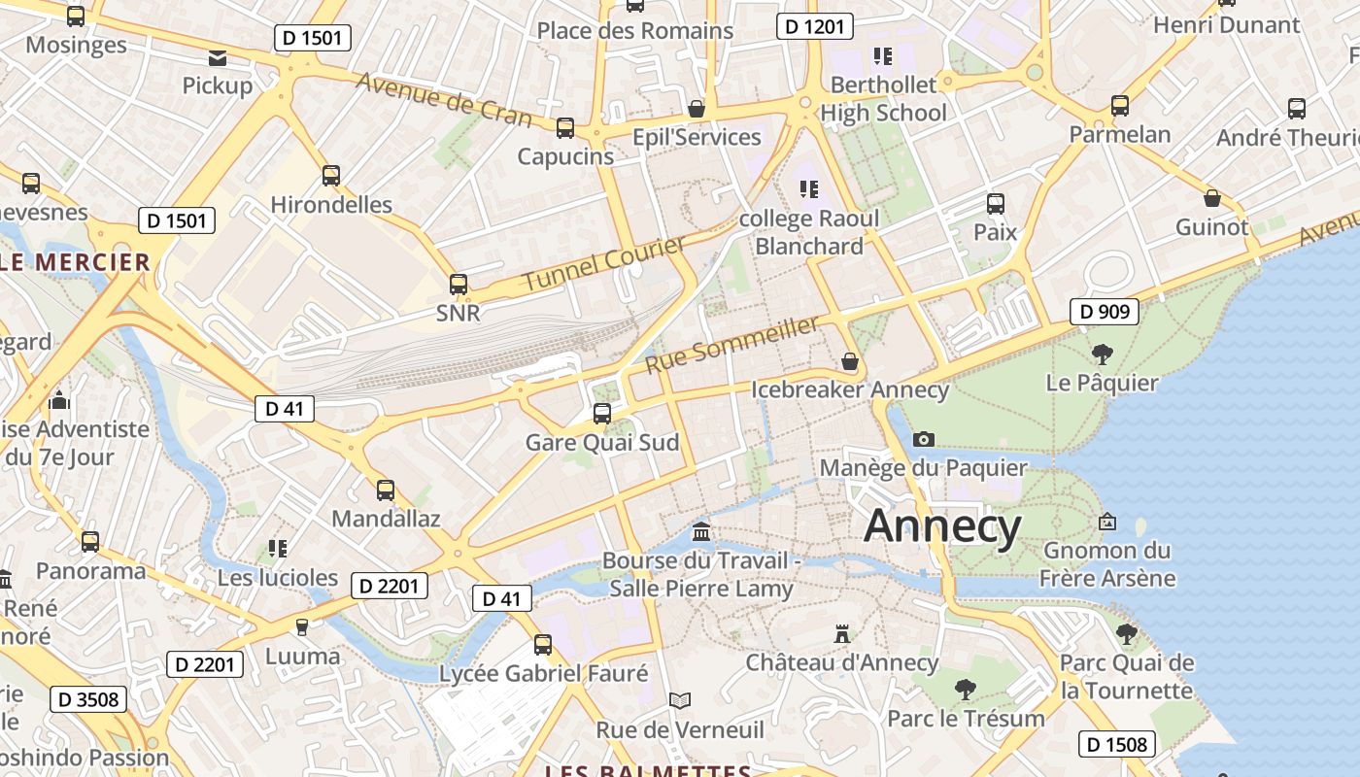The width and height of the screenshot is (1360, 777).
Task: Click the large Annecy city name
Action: (942, 525)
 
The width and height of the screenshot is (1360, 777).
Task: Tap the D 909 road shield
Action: (1105, 312)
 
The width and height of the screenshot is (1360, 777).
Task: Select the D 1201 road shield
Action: (815, 26)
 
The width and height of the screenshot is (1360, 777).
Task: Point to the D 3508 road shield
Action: (88, 699)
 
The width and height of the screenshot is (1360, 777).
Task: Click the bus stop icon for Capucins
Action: (565, 128)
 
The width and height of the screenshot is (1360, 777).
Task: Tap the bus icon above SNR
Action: (459, 285)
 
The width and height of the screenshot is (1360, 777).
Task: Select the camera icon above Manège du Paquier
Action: (924, 440)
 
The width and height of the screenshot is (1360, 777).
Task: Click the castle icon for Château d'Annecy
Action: (842, 634)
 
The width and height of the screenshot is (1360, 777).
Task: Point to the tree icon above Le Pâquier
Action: (1102, 354)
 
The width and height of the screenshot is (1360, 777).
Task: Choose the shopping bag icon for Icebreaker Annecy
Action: (850, 361)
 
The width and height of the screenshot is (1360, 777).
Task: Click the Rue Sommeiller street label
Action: (732, 345)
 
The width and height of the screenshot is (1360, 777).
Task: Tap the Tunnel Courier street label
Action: (604, 263)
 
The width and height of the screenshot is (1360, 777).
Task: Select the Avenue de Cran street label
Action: (444, 99)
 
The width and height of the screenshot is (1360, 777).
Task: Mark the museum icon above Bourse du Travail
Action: (701, 532)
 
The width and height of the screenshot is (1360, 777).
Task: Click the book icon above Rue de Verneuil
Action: (680, 700)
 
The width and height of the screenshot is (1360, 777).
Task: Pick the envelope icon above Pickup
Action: (218, 58)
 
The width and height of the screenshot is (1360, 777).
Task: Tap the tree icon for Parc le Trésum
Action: (966, 690)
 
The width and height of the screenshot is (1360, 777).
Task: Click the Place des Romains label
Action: (635, 30)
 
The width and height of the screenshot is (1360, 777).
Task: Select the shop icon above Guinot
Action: (1212, 198)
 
